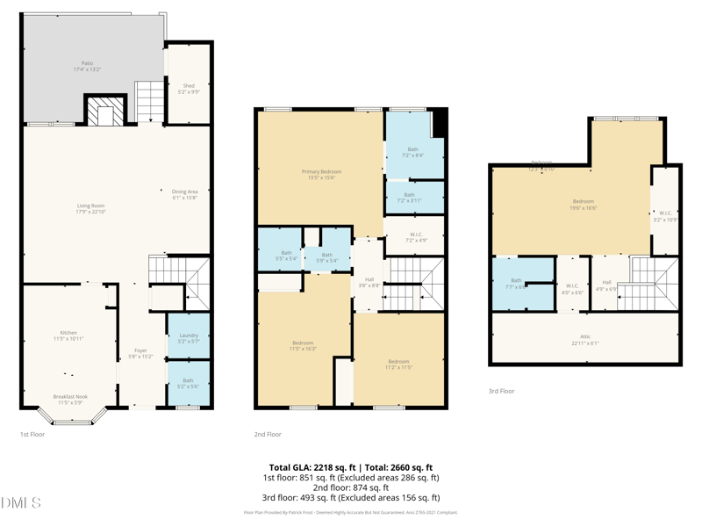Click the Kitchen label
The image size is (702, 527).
point(68,335)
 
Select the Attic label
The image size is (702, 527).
point(585,339)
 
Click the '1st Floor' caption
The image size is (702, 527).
point(32,434)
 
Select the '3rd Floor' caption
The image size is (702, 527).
point(501,391)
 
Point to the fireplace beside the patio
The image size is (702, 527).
point(105,112)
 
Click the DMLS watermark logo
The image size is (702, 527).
point(21,503)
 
